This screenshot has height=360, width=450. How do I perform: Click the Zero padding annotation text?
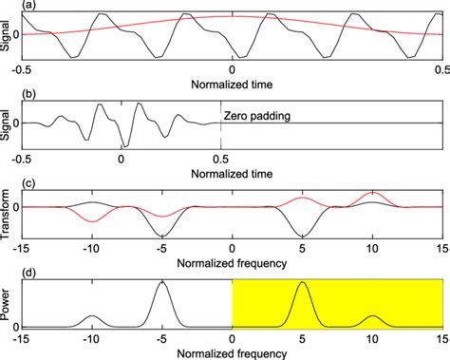257,116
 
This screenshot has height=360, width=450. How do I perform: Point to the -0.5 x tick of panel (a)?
21,71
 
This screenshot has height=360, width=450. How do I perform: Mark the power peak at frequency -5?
162,283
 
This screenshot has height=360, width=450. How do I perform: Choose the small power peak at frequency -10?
92,315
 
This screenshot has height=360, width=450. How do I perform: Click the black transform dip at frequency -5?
162,235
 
